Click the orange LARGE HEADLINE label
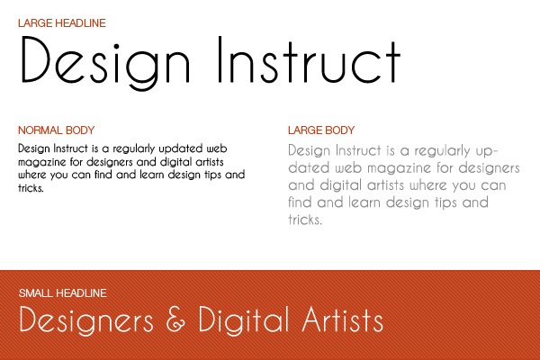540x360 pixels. pos(62,23)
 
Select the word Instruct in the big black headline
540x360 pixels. pos(310,60)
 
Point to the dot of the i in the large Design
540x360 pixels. pos(116,46)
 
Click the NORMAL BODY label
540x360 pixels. pos(56,130)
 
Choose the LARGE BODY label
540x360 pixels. pos(321,130)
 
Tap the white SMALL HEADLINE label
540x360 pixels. pos(63,293)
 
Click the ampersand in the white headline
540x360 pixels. pos(175,319)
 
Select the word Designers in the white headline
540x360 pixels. pos(86,320)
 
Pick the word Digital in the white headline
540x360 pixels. pos(243,320)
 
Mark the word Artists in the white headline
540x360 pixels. pos(343,319)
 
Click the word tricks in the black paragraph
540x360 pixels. pos(31,188)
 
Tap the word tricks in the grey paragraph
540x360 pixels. pos(305,220)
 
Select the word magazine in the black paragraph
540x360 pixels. pos(41,162)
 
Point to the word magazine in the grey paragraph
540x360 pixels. pos(399,168)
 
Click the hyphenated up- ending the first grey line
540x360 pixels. pos(487,151)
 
